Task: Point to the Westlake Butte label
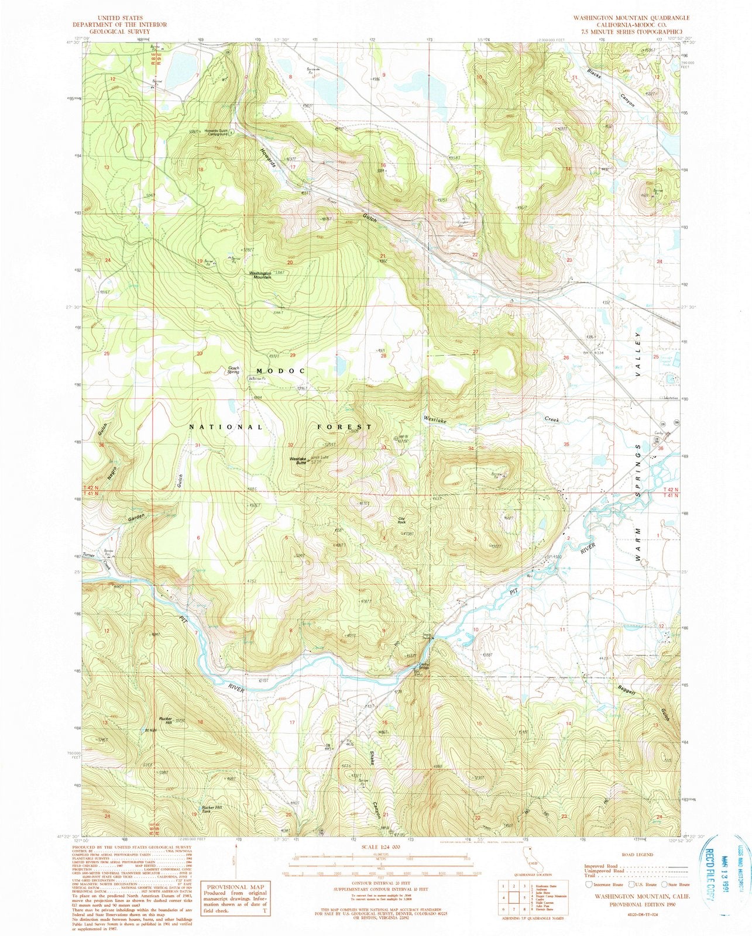click(298, 461)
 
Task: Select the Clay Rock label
click(401, 520)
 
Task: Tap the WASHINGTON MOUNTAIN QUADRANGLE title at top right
click(634, 18)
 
